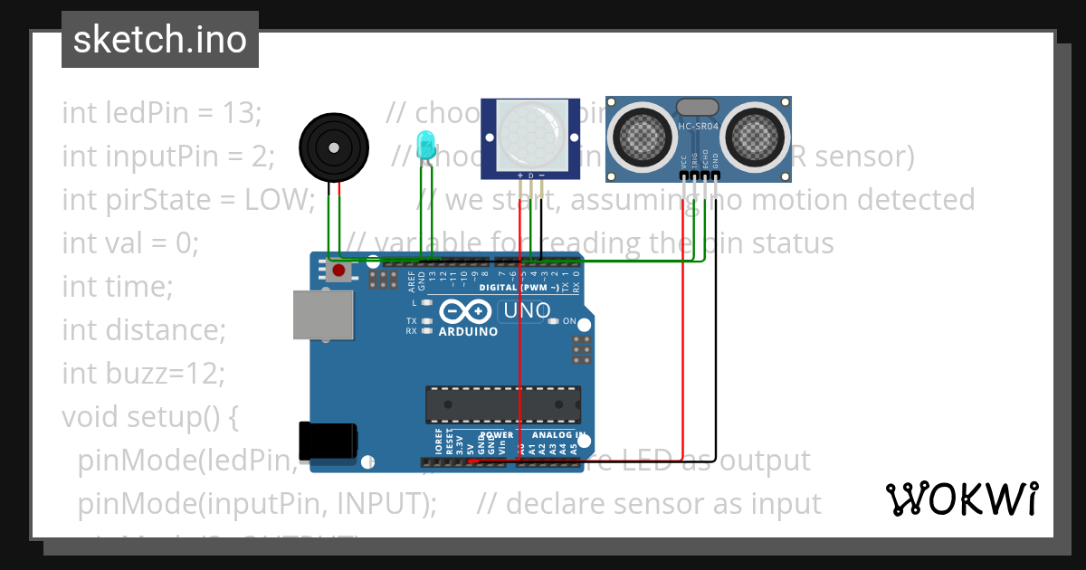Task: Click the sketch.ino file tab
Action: coord(160,40)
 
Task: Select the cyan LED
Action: coord(425,143)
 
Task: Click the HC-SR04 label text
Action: coord(699,127)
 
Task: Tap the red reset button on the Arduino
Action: coord(338,270)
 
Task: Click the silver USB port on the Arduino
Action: coord(323,314)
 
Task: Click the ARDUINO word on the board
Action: coord(468,331)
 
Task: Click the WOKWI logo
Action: coord(961,499)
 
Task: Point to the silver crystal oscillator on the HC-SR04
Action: coord(699,107)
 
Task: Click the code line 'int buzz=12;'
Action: coord(143,373)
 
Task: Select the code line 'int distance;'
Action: coord(144,330)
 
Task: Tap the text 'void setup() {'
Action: coord(149,416)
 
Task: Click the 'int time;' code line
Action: coord(118,287)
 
